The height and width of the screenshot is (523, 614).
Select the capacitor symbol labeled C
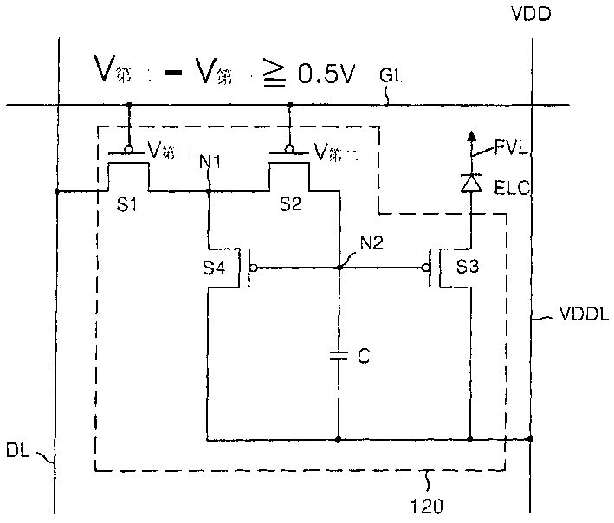pos(338,353)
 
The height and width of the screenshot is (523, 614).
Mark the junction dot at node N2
pos(338,268)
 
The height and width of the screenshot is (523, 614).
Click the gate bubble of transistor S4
pos(253,268)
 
